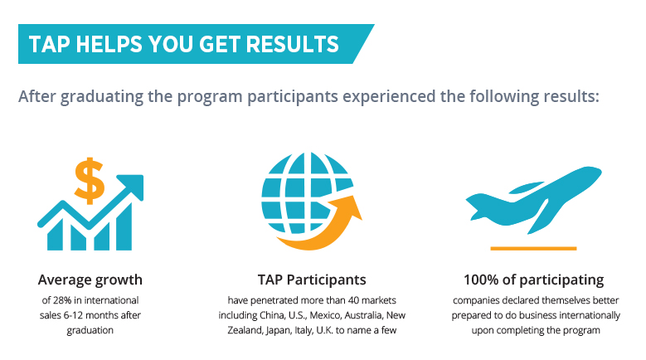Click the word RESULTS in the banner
pos(292,44)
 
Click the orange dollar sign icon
pos(89,180)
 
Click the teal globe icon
pos(307,192)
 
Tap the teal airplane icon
pos(533,198)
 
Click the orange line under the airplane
pos(533,248)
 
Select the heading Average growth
pos(90,280)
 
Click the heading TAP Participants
pos(312,280)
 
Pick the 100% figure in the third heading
pos(481,280)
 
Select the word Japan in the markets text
pos(278,330)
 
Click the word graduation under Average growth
pos(90,330)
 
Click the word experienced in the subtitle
pos(389,96)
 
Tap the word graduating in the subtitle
pos(101,97)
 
